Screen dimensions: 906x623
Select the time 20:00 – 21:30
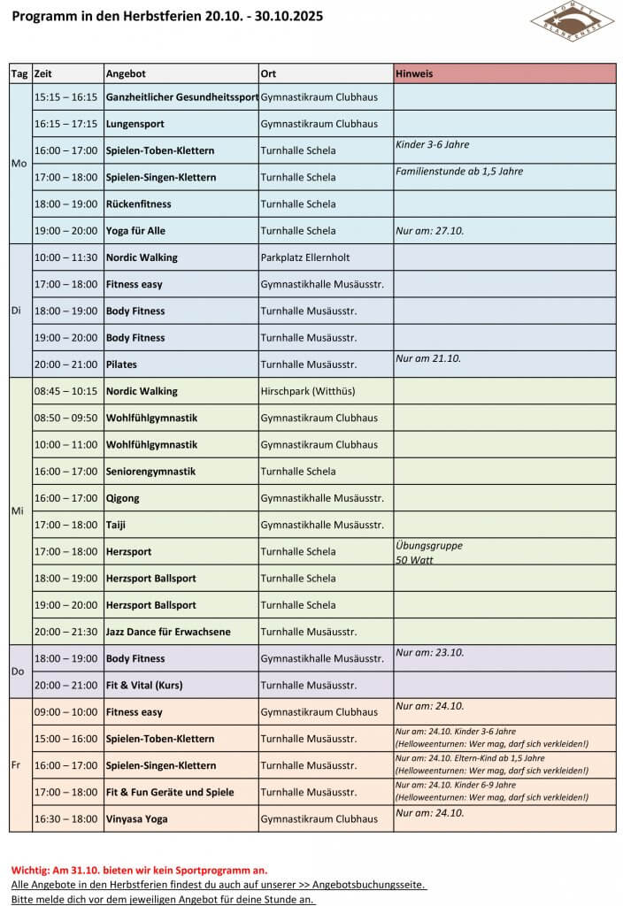[65, 632]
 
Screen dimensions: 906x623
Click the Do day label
[18, 672]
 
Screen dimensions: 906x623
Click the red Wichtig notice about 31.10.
[139, 870]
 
